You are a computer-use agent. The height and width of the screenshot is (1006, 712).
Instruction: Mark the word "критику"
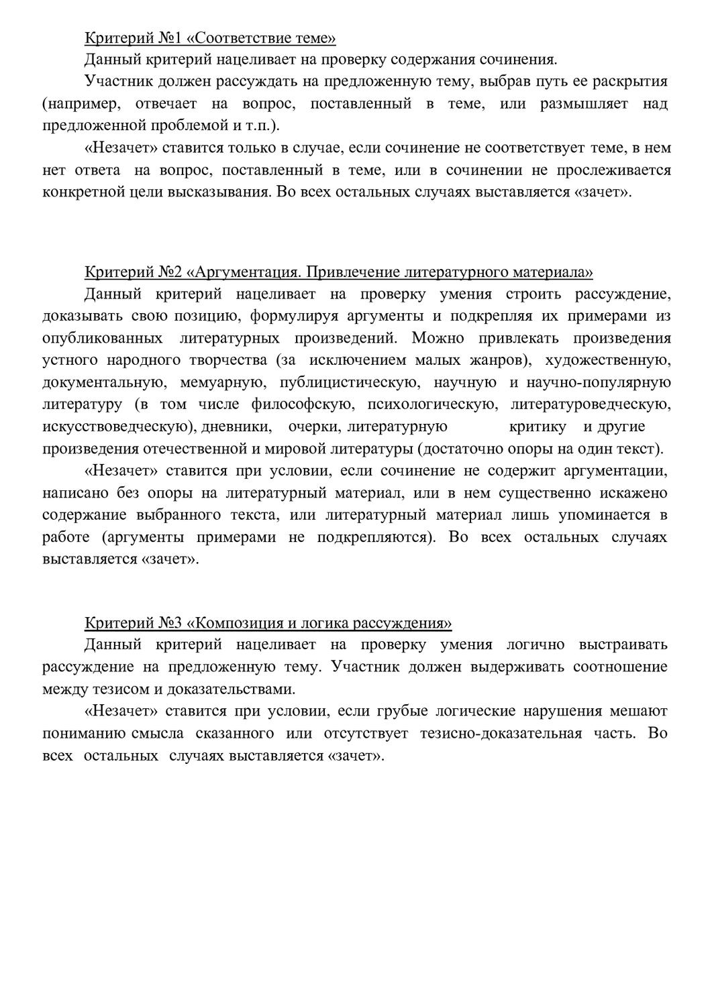point(538,427)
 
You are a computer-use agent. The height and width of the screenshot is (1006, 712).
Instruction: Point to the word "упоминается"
point(603,515)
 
